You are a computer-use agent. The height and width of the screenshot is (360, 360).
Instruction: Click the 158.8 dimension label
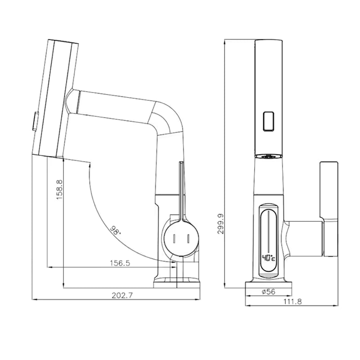pyautogui.click(x=59, y=189)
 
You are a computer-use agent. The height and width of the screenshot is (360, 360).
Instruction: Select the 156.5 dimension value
pyautogui.click(x=120, y=263)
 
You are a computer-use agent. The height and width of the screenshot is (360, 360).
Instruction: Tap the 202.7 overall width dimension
pyautogui.click(x=122, y=295)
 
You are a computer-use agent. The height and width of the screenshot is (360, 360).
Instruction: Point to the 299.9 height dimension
pyautogui.click(x=220, y=224)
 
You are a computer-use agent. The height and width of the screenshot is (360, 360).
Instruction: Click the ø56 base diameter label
pyautogui.click(x=268, y=292)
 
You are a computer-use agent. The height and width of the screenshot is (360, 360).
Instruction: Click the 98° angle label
pyautogui.click(x=115, y=230)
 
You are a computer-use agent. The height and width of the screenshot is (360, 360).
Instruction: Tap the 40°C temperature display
pyautogui.click(x=269, y=258)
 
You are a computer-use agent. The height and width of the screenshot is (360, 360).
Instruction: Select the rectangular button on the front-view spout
pyautogui.click(x=269, y=121)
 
